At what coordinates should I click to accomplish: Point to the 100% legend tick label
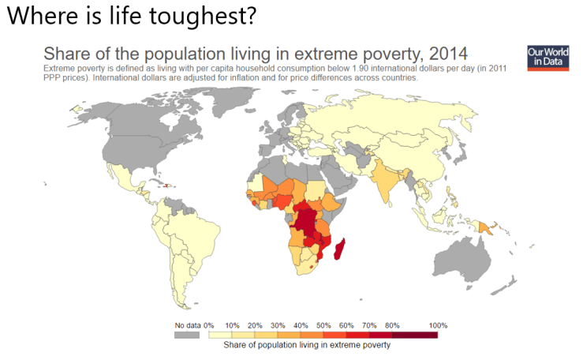(438, 325)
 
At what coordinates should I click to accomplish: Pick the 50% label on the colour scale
(323, 325)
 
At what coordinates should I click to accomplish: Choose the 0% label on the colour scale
(209, 325)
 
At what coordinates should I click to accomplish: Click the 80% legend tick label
(392, 325)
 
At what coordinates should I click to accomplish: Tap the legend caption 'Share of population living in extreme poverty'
(307, 345)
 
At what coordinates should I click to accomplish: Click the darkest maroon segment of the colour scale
(419, 335)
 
